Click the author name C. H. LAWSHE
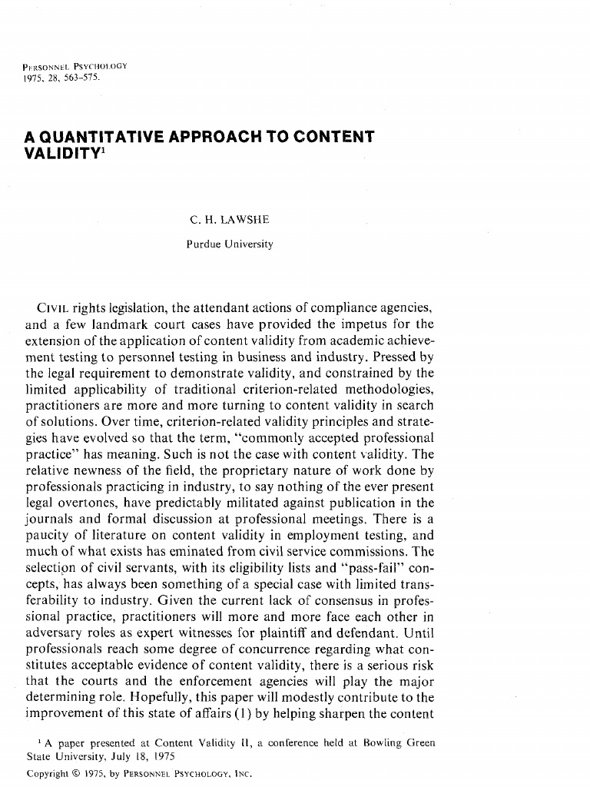229,220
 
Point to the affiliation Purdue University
229,244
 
